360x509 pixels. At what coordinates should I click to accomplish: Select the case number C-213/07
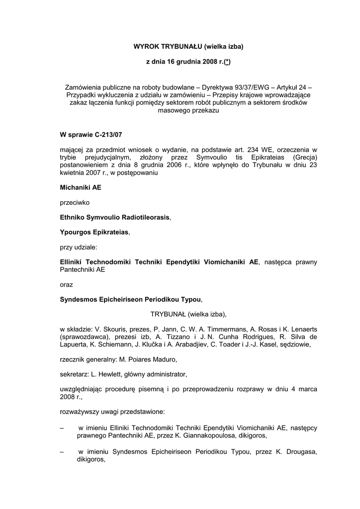(x=106, y=134)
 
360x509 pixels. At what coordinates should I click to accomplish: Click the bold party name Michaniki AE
(x=81, y=188)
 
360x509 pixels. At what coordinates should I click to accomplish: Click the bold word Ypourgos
(x=75, y=232)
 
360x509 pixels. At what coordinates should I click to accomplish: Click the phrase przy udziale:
(x=79, y=247)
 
